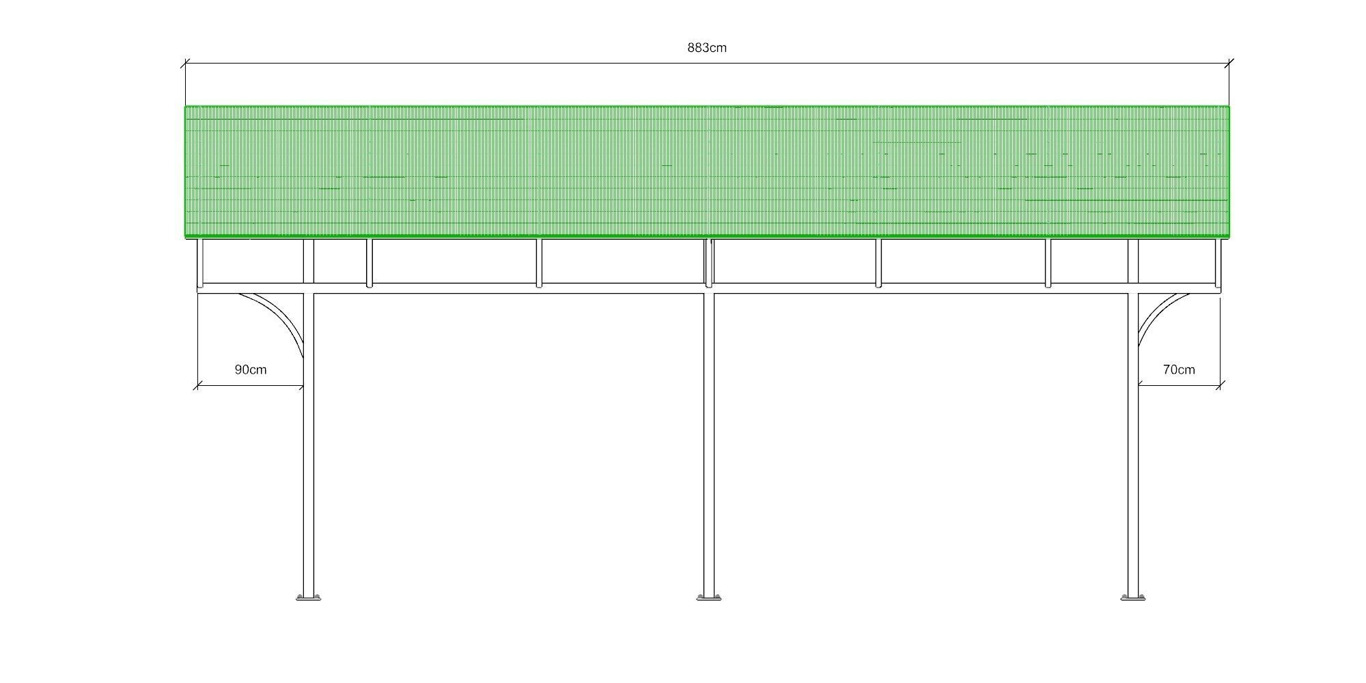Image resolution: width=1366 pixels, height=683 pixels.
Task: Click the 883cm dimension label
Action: (707, 48)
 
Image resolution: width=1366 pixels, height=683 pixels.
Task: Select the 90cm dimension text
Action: (251, 370)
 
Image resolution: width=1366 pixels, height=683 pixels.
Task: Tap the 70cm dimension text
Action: (1179, 370)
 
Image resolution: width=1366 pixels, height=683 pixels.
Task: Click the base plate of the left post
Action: (309, 598)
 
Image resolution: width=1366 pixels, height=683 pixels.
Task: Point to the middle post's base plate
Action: (709, 598)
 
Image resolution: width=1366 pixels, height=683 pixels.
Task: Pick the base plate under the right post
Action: (1134, 598)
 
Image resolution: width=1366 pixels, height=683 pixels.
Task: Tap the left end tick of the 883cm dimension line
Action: (185, 64)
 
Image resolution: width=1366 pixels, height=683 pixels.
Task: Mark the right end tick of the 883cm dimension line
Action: (1229, 64)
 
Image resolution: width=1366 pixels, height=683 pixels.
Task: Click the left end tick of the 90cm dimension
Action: (197, 386)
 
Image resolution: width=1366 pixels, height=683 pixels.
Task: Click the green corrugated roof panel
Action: (707, 171)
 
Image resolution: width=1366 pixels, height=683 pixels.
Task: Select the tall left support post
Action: (309, 444)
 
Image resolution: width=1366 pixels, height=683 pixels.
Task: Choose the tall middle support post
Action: (709, 444)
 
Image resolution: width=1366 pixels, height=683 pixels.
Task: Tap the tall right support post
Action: (1134, 444)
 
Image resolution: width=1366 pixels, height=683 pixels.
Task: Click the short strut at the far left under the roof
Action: (200, 262)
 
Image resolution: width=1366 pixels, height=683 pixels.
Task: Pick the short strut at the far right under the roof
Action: (1217, 262)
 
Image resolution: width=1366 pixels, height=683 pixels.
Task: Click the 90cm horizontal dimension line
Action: (251, 386)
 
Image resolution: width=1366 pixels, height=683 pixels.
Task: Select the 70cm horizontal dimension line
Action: (1179, 386)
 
